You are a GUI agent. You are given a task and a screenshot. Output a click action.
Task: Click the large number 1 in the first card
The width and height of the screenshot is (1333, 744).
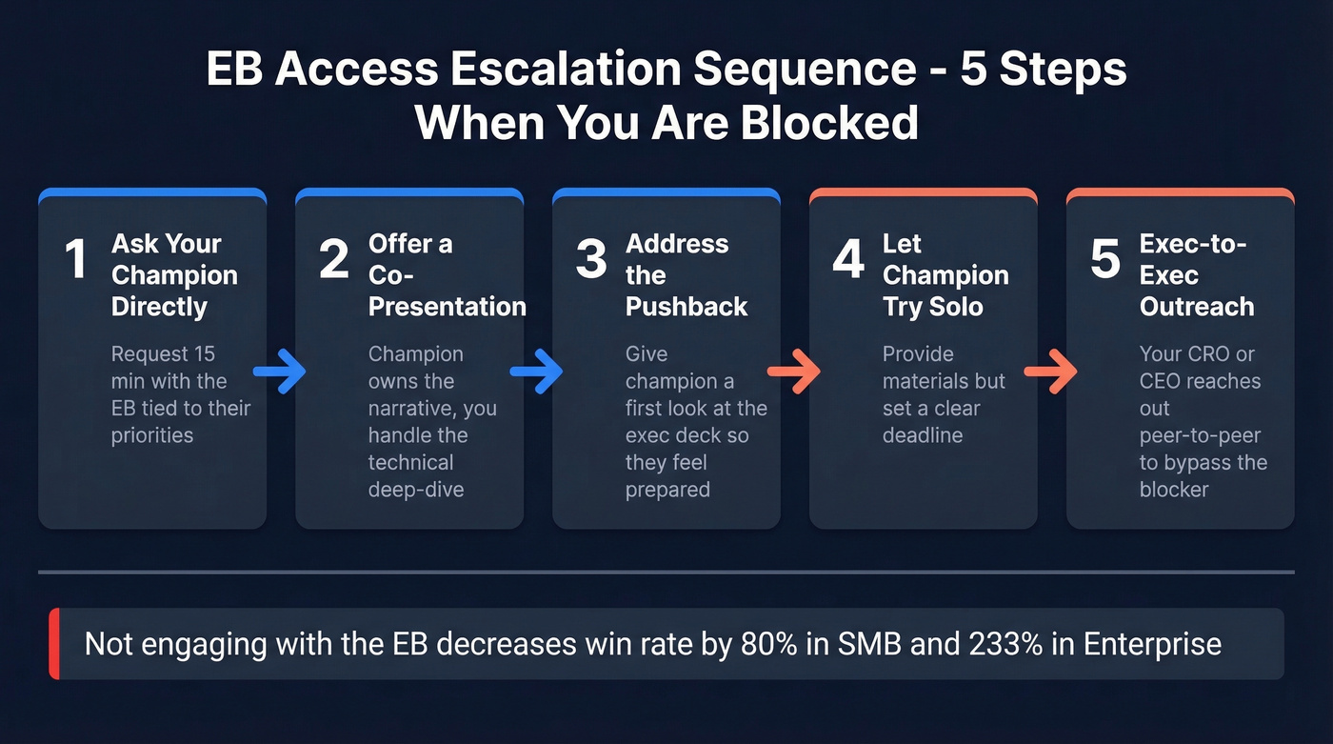click(x=76, y=259)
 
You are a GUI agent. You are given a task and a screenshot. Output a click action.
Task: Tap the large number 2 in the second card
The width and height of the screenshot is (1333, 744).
click(x=333, y=259)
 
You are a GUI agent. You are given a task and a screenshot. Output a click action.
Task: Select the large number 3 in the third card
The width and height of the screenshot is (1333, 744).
click(x=591, y=259)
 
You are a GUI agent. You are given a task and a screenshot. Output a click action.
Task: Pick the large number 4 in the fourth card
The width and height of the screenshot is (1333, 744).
click(x=848, y=259)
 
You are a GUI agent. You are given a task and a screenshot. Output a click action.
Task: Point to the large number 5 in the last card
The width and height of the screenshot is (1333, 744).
click(x=1105, y=259)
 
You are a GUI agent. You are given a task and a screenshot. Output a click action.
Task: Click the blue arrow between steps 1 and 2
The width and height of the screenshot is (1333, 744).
click(x=279, y=372)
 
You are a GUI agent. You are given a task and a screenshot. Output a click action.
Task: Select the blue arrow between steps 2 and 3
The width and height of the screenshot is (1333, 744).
click(x=536, y=372)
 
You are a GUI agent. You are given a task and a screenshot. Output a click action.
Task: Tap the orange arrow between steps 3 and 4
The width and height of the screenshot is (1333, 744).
click(x=793, y=372)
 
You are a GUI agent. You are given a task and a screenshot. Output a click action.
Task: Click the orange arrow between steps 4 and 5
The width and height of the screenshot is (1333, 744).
click(x=1050, y=372)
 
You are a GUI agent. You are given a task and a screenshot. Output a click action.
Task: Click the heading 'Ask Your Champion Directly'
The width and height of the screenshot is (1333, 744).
click(x=174, y=275)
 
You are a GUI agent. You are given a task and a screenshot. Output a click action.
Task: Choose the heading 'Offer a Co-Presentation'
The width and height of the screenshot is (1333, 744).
click(x=447, y=275)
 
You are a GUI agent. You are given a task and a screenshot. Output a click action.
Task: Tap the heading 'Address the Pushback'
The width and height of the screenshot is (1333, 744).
click(x=686, y=275)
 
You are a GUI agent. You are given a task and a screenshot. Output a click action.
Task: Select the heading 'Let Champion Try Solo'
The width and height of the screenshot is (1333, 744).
click(x=945, y=275)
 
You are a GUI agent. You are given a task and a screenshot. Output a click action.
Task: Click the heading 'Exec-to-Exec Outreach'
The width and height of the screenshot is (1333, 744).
click(x=1196, y=275)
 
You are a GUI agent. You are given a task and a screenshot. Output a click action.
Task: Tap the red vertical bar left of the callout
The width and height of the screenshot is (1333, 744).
click(x=54, y=644)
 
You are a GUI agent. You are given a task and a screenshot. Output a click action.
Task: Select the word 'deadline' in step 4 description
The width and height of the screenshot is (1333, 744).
click(x=922, y=435)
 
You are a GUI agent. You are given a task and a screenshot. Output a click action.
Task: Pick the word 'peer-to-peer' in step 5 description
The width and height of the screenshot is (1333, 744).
click(x=1200, y=435)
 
